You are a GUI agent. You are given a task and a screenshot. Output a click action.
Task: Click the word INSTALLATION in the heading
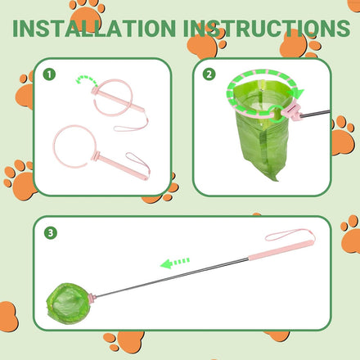(x=94, y=29)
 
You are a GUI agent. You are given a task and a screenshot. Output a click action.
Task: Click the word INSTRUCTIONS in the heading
(x=267, y=29)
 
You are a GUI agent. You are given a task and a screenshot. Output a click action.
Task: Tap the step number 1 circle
(x=49, y=74)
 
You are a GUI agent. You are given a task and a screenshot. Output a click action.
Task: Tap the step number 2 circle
(x=209, y=74)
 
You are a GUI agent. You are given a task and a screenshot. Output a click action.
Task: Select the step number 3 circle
(x=51, y=233)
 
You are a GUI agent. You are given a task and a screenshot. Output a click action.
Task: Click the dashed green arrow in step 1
(x=86, y=79)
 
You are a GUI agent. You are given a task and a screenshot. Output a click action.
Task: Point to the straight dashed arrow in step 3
(x=175, y=263)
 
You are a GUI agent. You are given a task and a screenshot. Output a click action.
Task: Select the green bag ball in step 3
(x=68, y=304)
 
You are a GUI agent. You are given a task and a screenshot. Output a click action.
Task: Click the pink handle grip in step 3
(x=281, y=250)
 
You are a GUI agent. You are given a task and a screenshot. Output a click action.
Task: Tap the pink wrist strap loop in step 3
(x=289, y=234)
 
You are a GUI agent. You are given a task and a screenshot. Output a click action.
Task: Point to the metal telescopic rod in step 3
(x=172, y=277)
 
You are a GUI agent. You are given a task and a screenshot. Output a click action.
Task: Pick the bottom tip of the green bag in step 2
(x=277, y=180)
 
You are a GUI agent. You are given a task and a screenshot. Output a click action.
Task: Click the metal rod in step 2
(x=315, y=114)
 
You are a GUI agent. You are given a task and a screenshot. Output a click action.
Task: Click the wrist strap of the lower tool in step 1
(x=138, y=163)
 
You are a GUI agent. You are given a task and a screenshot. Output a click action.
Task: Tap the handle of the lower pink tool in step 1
(x=123, y=168)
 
